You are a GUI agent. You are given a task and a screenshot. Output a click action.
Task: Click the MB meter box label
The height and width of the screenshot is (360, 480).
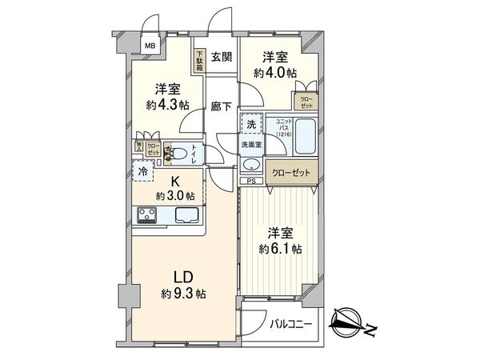point(150,46)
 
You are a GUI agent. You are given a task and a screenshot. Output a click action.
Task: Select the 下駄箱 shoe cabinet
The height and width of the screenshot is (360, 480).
point(199,61)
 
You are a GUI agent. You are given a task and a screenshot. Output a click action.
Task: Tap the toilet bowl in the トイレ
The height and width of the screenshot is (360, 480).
point(182,151)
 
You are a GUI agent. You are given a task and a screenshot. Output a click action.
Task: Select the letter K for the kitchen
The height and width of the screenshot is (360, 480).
point(174,181)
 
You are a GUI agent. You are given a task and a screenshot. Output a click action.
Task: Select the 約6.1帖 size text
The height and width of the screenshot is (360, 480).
point(280,249)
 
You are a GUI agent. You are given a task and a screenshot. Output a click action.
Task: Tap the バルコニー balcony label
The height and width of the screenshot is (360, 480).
point(289,324)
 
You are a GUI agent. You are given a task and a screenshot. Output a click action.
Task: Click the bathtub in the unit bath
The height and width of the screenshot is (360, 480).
point(306,130)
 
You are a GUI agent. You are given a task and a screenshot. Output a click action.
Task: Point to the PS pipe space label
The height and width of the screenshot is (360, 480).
point(250,180)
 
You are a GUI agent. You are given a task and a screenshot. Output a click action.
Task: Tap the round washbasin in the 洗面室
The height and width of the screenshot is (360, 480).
point(251,164)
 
